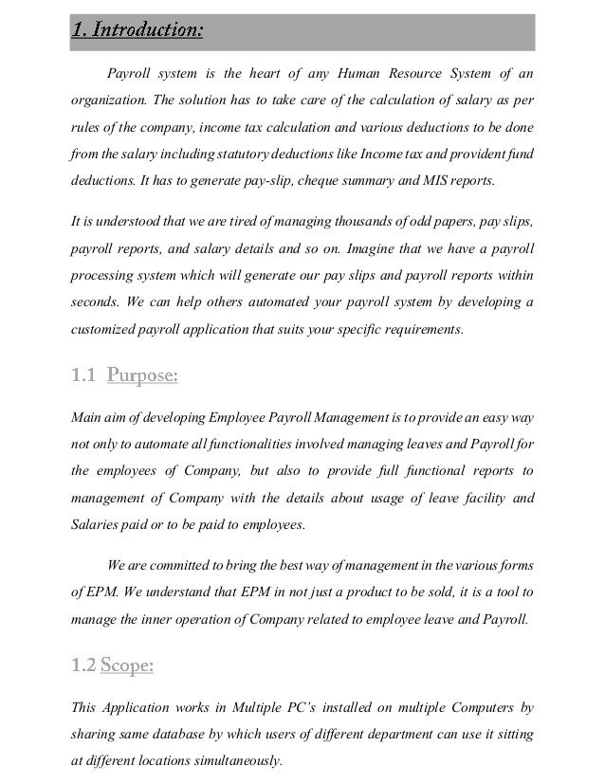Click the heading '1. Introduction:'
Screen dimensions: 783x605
point(137,30)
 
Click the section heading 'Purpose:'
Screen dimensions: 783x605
point(142,377)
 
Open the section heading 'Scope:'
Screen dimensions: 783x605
point(125,666)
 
